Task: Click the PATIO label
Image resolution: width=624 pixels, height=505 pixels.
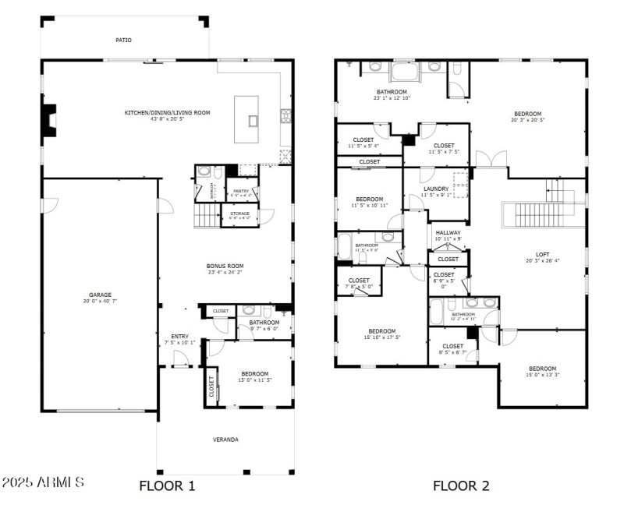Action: click(x=123, y=39)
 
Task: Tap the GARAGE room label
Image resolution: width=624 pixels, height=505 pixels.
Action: click(x=99, y=295)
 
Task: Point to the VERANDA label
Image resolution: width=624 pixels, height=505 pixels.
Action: click(x=225, y=440)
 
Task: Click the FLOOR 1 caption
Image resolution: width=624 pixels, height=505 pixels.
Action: click(x=167, y=486)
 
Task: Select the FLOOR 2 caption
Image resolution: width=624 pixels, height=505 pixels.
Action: click(x=461, y=486)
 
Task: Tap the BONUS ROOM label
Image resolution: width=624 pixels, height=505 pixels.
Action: click(x=225, y=266)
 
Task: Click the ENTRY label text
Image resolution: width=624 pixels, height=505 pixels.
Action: click(x=179, y=337)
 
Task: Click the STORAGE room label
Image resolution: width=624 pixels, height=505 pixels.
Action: click(x=239, y=213)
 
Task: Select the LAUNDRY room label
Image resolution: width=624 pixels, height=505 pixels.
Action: click(x=435, y=189)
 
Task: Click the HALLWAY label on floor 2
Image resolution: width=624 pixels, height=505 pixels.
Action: click(x=448, y=232)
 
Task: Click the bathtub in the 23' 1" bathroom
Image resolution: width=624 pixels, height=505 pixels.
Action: click(x=405, y=72)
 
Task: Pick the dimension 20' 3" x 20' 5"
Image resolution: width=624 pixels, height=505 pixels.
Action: click(x=527, y=120)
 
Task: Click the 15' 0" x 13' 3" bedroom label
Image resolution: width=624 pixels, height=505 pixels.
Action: click(x=542, y=369)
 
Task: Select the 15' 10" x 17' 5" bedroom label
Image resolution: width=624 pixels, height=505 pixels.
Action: click(x=381, y=331)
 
